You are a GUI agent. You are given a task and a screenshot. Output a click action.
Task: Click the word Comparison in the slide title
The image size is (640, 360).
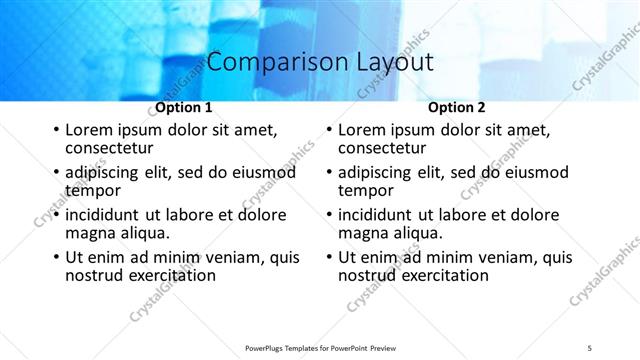pyautogui.click(x=269, y=62)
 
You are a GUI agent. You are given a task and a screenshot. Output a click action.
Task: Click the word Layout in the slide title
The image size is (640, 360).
pyautogui.click(x=389, y=62)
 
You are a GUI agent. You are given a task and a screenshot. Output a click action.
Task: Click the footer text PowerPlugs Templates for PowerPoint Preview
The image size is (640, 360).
pyautogui.click(x=320, y=347)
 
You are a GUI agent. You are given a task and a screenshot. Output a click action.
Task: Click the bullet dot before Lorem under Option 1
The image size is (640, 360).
pyautogui.click(x=56, y=130)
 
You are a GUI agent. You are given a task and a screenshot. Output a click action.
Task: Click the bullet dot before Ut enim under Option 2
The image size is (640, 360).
pyautogui.click(x=329, y=257)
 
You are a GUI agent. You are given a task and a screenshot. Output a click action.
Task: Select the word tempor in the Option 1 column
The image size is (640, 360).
pyautogui.click(x=93, y=189)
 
